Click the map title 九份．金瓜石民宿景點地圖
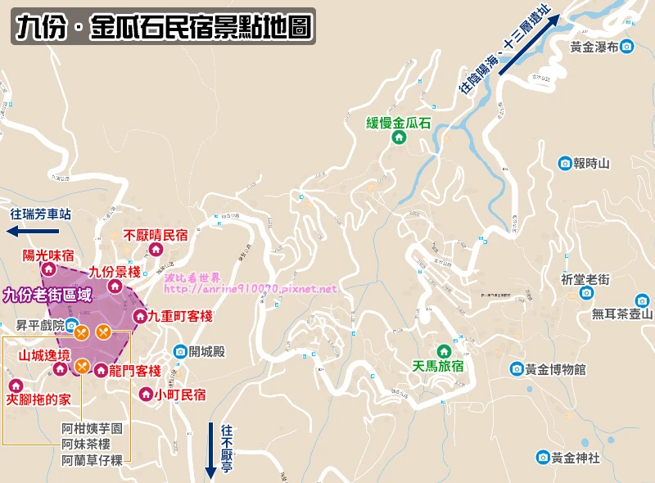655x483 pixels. pyautogui.click(x=163, y=27)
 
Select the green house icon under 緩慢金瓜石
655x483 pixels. pyautogui.click(x=399, y=138)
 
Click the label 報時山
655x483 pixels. pyautogui.click(x=592, y=164)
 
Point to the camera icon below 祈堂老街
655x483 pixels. pyautogui.click(x=586, y=292)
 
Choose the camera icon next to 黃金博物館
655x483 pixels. pyautogui.click(x=517, y=369)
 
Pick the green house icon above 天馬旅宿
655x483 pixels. pyautogui.click(x=444, y=351)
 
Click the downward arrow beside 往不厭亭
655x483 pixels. pyautogui.click(x=210, y=449)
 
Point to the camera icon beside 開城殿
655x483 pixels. pyautogui.click(x=180, y=352)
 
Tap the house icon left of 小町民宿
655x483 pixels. pyautogui.click(x=145, y=394)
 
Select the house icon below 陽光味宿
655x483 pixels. pyautogui.click(x=48, y=269)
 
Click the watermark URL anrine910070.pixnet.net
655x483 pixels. pyautogui.click(x=251, y=289)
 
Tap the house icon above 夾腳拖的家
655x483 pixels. pyautogui.click(x=15, y=386)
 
